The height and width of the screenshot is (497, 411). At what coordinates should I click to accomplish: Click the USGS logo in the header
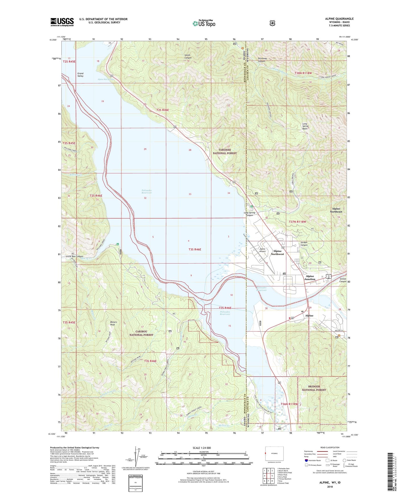point(62,22)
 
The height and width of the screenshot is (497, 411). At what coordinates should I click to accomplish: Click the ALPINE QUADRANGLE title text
point(335,19)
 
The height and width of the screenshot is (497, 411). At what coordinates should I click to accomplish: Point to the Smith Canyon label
point(188,56)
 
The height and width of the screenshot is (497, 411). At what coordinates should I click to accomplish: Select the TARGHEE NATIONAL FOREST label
point(225,151)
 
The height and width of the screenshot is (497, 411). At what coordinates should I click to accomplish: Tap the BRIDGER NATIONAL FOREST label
point(314,388)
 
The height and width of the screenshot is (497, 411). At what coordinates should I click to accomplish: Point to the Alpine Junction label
point(310,278)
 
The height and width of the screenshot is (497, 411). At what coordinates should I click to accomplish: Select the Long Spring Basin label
point(305,126)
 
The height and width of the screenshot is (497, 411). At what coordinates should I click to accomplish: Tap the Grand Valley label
point(80,75)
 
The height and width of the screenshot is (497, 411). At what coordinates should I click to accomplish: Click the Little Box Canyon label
point(75,256)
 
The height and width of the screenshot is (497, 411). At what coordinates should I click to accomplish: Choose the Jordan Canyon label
point(304,244)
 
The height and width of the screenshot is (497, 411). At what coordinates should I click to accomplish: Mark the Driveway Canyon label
point(261,60)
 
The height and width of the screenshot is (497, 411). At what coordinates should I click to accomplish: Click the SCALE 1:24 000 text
point(202,448)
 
